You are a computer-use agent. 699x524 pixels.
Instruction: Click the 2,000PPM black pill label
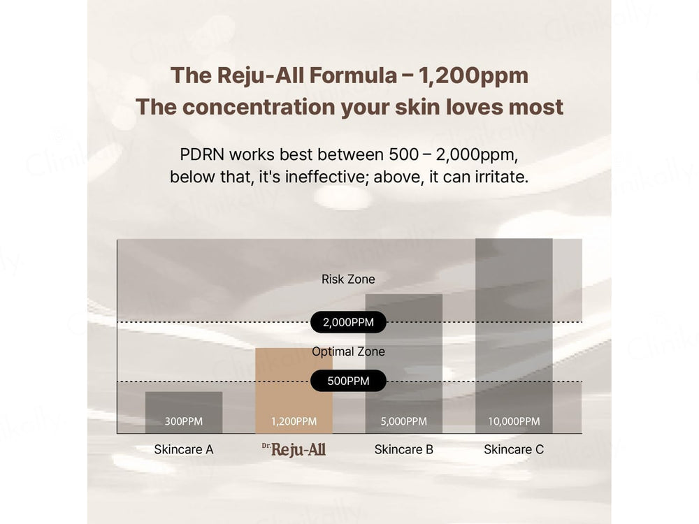pyautogui.click(x=348, y=322)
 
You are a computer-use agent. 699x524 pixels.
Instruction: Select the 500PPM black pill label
pyautogui.click(x=348, y=381)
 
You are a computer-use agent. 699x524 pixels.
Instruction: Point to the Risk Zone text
pyautogui.click(x=348, y=279)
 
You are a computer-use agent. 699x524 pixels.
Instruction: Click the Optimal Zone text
pyautogui.click(x=348, y=351)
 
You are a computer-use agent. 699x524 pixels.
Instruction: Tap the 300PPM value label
pyautogui.click(x=184, y=421)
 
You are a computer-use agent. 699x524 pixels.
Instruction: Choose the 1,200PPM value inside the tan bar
pyautogui.click(x=294, y=421)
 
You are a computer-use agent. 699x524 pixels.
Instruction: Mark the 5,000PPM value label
pyautogui.click(x=404, y=421)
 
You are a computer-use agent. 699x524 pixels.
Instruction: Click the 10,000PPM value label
pyautogui.click(x=514, y=421)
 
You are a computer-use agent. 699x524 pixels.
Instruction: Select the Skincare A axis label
pyautogui.click(x=184, y=449)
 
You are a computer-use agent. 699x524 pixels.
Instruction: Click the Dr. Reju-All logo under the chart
pyautogui.click(x=294, y=449)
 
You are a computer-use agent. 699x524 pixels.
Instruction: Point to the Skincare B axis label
pyautogui.click(x=404, y=449)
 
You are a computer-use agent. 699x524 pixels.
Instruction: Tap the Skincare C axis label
pyautogui.click(x=514, y=449)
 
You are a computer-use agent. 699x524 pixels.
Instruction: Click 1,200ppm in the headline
pyautogui.click(x=475, y=75)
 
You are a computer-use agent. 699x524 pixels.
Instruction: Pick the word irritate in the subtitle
pyautogui.click(x=500, y=177)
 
